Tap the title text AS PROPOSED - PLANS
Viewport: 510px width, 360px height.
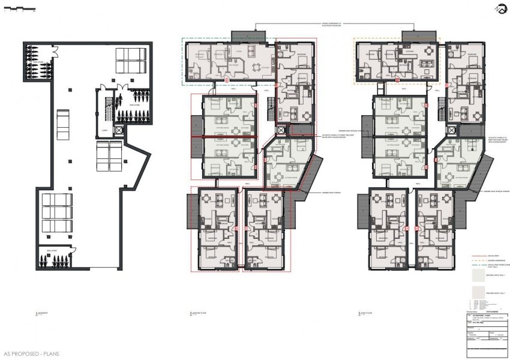tap(31, 354)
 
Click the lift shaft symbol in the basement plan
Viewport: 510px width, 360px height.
tap(119, 130)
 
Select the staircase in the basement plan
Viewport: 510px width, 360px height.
tap(108, 109)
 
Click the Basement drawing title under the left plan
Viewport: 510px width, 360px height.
tap(41, 314)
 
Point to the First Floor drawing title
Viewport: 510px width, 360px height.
tap(366, 314)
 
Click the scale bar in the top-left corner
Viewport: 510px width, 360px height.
tap(18, 9)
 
